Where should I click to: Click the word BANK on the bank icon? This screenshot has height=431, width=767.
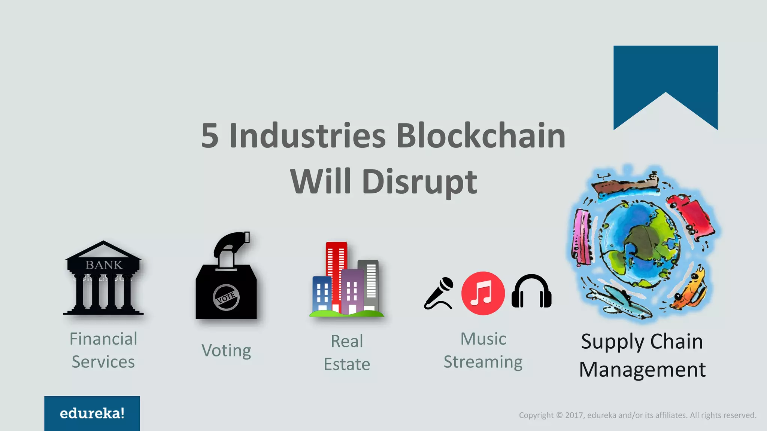click(104, 265)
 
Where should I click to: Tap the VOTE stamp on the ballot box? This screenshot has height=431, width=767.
click(226, 297)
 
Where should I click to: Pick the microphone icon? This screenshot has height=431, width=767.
click(439, 293)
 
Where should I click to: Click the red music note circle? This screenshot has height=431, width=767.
click(483, 293)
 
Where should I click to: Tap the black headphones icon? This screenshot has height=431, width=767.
click(531, 291)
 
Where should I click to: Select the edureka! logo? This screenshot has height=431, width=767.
click(92, 413)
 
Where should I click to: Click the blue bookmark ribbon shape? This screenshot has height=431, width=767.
click(666, 75)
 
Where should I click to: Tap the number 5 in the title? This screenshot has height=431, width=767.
click(210, 135)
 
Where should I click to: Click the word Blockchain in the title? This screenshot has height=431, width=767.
click(480, 135)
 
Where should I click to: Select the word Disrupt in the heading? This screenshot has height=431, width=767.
click(419, 182)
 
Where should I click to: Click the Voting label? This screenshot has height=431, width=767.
click(226, 351)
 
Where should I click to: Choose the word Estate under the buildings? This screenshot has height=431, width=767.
click(347, 364)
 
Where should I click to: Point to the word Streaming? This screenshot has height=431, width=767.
click(483, 362)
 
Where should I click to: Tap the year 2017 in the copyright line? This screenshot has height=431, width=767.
click(574, 415)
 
